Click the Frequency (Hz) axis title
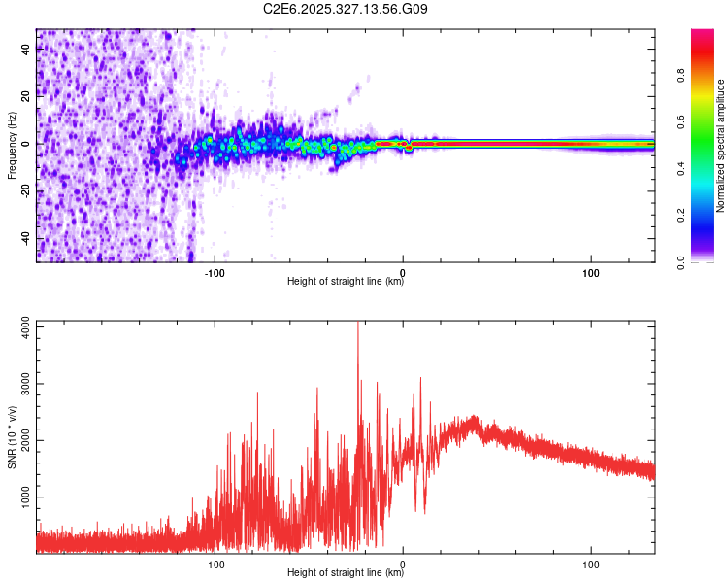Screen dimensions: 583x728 (12, 146)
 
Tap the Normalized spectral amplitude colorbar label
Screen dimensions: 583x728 (720, 146)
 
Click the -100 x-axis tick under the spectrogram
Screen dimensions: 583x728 (215, 272)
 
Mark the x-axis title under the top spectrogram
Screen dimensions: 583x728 (346, 283)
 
